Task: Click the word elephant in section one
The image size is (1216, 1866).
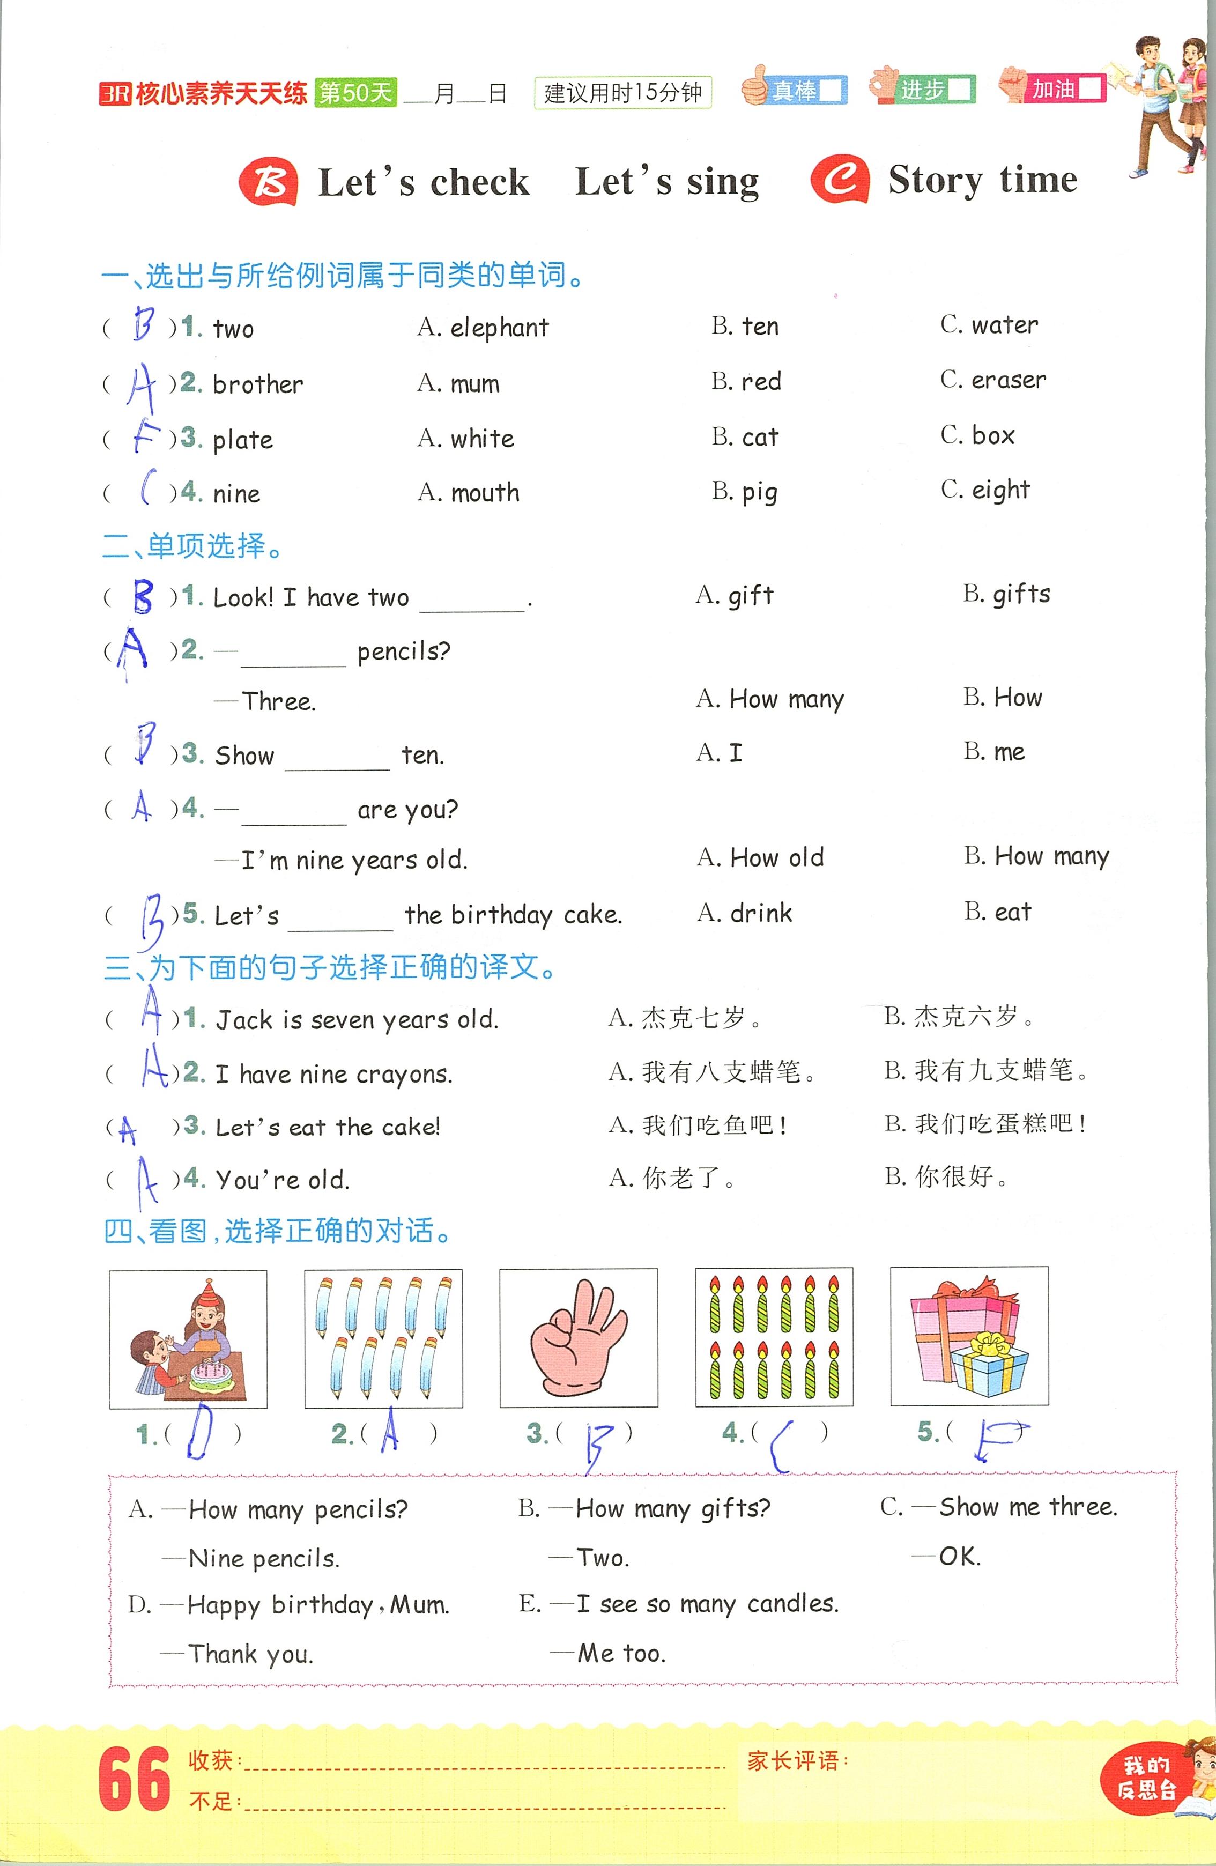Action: tap(499, 328)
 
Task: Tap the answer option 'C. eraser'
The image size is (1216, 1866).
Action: tap(993, 380)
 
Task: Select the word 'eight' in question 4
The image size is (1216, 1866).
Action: tap(1000, 491)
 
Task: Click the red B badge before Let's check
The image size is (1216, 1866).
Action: tap(268, 182)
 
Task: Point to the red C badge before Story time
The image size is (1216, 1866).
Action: tap(840, 180)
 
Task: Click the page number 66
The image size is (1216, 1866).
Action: tap(134, 1779)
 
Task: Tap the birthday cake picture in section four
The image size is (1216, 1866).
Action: tap(188, 1338)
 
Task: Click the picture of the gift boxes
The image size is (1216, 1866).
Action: tap(969, 1336)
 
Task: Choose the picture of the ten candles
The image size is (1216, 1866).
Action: tap(774, 1337)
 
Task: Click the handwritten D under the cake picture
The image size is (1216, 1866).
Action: tap(201, 1431)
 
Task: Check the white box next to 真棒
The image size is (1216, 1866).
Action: tap(831, 90)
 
